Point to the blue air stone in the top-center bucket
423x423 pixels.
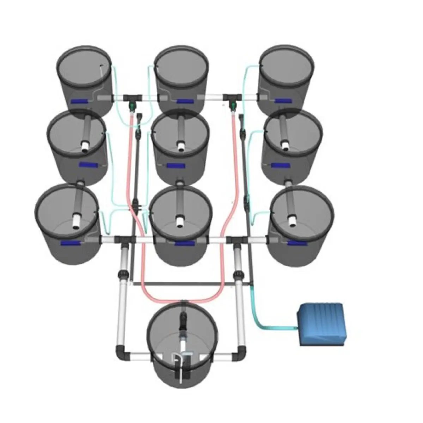click(x=185, y=102)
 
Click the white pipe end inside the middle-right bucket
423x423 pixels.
click(x=284, y=144)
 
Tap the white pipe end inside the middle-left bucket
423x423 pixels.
click(x=85, y=146)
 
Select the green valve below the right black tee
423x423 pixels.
click(x=233, y=105)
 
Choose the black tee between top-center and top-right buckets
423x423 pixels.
click(x=233, y=96)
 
